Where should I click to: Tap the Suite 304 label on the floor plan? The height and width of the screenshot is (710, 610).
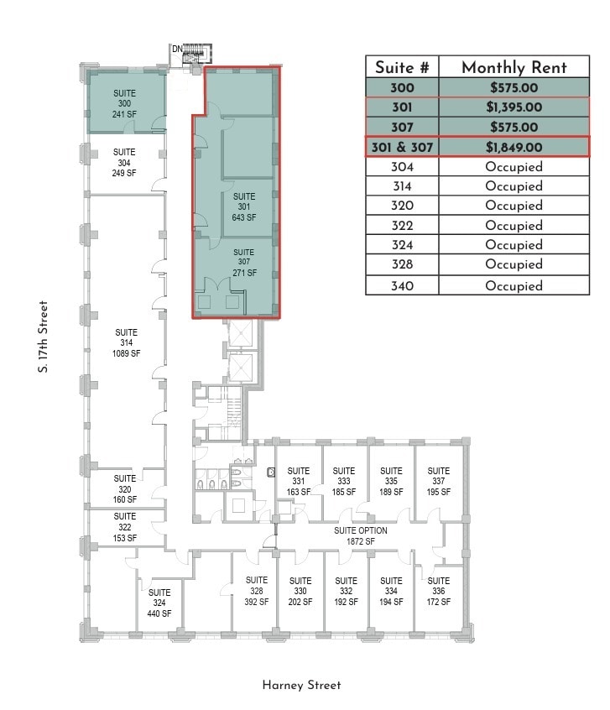[124, 163]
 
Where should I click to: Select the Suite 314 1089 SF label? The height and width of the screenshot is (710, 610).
[126, 342]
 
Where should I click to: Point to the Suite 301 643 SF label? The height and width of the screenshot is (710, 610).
[244, 206]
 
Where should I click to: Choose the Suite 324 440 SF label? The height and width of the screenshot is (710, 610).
[159, 603]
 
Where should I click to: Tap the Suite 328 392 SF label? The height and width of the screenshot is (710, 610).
[257, 591]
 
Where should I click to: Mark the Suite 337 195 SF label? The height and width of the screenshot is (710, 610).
[438, 481]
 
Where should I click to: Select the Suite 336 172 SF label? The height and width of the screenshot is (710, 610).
[438, 591]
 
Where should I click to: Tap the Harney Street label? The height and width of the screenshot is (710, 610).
[301, 686]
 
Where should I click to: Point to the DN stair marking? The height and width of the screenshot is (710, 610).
[177, 50]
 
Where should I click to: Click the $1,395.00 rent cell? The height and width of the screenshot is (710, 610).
[514, 107]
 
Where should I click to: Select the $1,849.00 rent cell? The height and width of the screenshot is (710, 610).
[514, 147]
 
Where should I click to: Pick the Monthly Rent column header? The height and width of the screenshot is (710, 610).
[514, 68]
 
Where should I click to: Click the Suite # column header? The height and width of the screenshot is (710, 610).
[402, 68]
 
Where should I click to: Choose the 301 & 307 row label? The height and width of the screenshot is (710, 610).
[402, 147]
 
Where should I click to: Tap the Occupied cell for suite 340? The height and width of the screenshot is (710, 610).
[514, 285]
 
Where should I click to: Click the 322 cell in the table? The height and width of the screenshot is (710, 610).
[402, 226]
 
